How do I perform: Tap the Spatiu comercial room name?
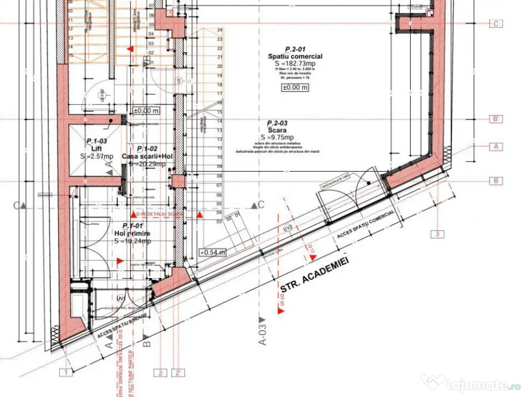(x=295, y=56)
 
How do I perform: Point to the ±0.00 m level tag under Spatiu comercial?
(x=295, y=87)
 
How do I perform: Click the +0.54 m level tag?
(x=213, y=252)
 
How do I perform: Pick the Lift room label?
(x=96, y=148)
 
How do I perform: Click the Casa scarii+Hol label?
(x=144, y=156)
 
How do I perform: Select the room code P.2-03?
(x=277, y=124)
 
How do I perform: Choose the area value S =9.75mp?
(x=277, y=137)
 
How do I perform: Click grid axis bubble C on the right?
(x=496, y=23)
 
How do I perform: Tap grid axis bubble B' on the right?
(x=496, y=119)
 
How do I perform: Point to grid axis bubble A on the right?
(x=496, y=147)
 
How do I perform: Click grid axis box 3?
(x=438, y=234)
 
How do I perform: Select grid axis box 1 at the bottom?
(x=66, y=372)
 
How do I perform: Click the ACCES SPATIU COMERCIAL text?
(x=366, y=225)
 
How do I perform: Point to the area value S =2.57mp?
(x=96, y=156)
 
